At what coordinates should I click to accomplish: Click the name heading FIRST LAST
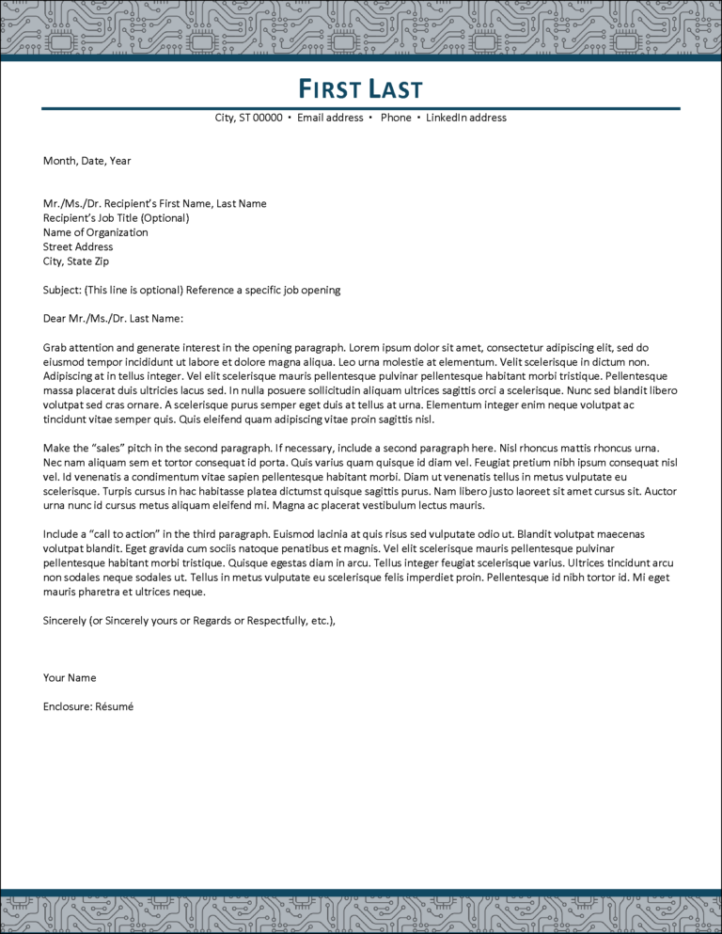[361, 89]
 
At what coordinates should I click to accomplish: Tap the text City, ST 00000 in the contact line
[248, 119]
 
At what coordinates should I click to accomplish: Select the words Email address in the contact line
[330, 119]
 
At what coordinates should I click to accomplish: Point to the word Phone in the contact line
[396, 119]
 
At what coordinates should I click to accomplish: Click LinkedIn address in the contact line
[466, 119]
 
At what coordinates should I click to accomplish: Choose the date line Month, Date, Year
[86, 161]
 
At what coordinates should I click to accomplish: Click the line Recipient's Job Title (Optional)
[116, 218]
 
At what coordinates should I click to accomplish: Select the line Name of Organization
[95, 232]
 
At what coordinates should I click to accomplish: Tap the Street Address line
[78, 247]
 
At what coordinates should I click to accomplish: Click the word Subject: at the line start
[62, 290]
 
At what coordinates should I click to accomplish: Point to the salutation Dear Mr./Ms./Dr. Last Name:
[113, 319]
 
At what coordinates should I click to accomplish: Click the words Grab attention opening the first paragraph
[79, 348]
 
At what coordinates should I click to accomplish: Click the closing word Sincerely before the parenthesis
[65, 621]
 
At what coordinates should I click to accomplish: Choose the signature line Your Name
[70, 678]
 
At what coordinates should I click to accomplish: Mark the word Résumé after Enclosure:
[115, 706]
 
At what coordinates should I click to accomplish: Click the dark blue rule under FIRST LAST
[361, 108]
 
